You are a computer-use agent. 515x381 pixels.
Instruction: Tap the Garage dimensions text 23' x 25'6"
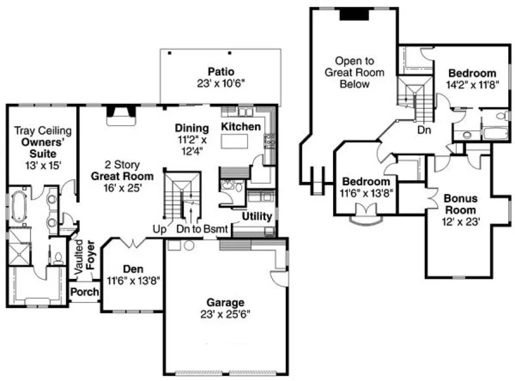point(226,314)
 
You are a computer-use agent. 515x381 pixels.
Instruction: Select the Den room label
point(133,269)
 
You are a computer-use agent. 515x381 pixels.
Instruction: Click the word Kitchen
point(241,126)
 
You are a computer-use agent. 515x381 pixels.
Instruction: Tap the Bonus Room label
point(460,204)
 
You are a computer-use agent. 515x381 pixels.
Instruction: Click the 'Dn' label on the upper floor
point(424,130)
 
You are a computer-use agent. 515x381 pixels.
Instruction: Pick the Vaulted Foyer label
point(85,256)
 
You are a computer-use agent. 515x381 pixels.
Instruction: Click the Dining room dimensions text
point(190,144)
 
